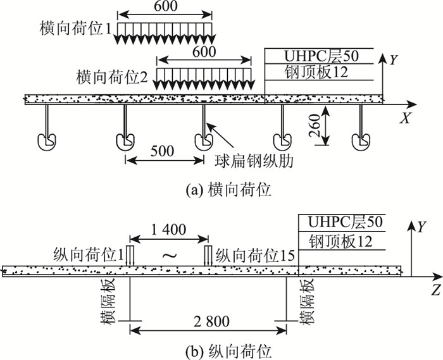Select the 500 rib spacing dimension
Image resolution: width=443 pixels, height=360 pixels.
pos(164,152)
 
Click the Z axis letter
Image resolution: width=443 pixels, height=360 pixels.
pos(435,292)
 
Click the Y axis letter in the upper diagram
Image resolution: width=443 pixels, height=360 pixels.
pos(394,60)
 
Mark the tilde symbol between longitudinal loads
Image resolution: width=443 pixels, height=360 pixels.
pos(168,256)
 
